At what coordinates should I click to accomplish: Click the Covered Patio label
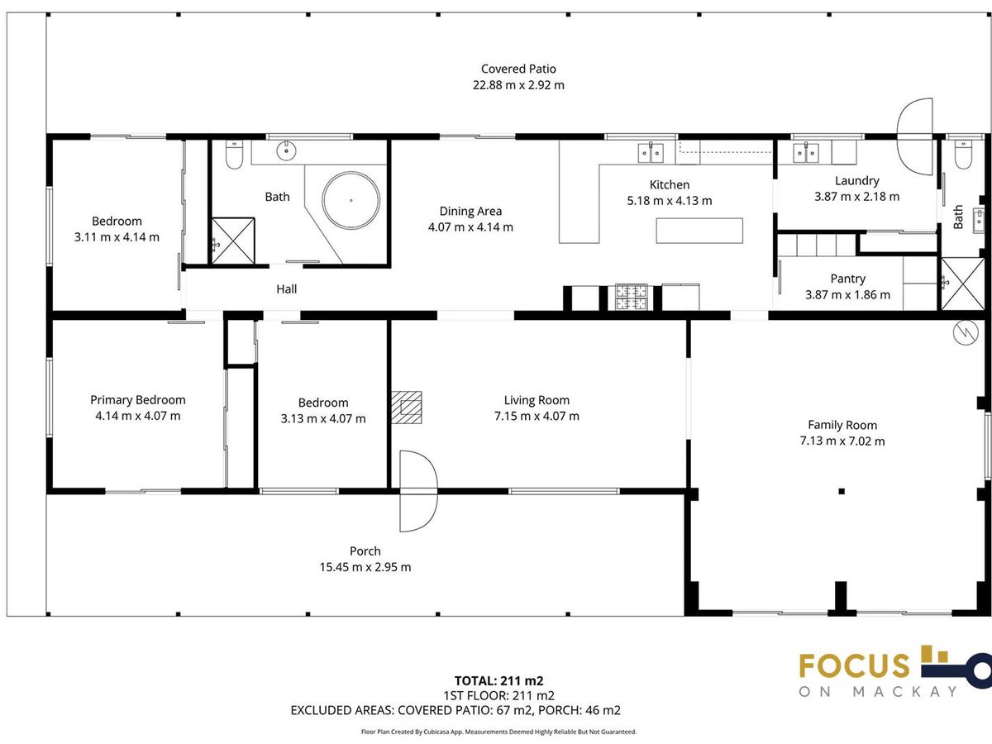tap(518, 69)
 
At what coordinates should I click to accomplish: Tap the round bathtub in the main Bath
tap(351, 200)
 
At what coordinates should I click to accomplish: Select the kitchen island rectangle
tap(699, 231)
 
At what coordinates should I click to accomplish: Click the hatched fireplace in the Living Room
tap(406, 408)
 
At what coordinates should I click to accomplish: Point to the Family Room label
tap(842, 425)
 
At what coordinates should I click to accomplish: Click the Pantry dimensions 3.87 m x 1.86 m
tap(848, 295)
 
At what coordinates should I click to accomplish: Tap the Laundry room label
tap(857, 181)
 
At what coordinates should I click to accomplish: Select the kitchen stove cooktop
tap(631, 297)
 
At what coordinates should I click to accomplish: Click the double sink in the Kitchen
tap(651, 153)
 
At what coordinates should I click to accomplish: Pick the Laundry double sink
tap(806, 153)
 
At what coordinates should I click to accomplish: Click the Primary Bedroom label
tap(138, 400)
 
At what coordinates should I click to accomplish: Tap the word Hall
tap(287, 289)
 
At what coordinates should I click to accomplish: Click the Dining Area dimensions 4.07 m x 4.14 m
tap(470, 227)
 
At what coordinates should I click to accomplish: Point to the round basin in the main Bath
tap(286, 150)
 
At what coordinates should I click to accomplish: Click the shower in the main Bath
tap(233, 241)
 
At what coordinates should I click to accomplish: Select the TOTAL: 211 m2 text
tap(499, 681)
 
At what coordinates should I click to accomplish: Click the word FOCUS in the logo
tap(854, 665)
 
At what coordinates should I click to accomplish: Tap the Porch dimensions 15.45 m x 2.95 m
tap(365, 567)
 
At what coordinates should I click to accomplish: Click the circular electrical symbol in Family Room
tap(966, 333)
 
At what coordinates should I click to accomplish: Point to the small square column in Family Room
tap(842, 492)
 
